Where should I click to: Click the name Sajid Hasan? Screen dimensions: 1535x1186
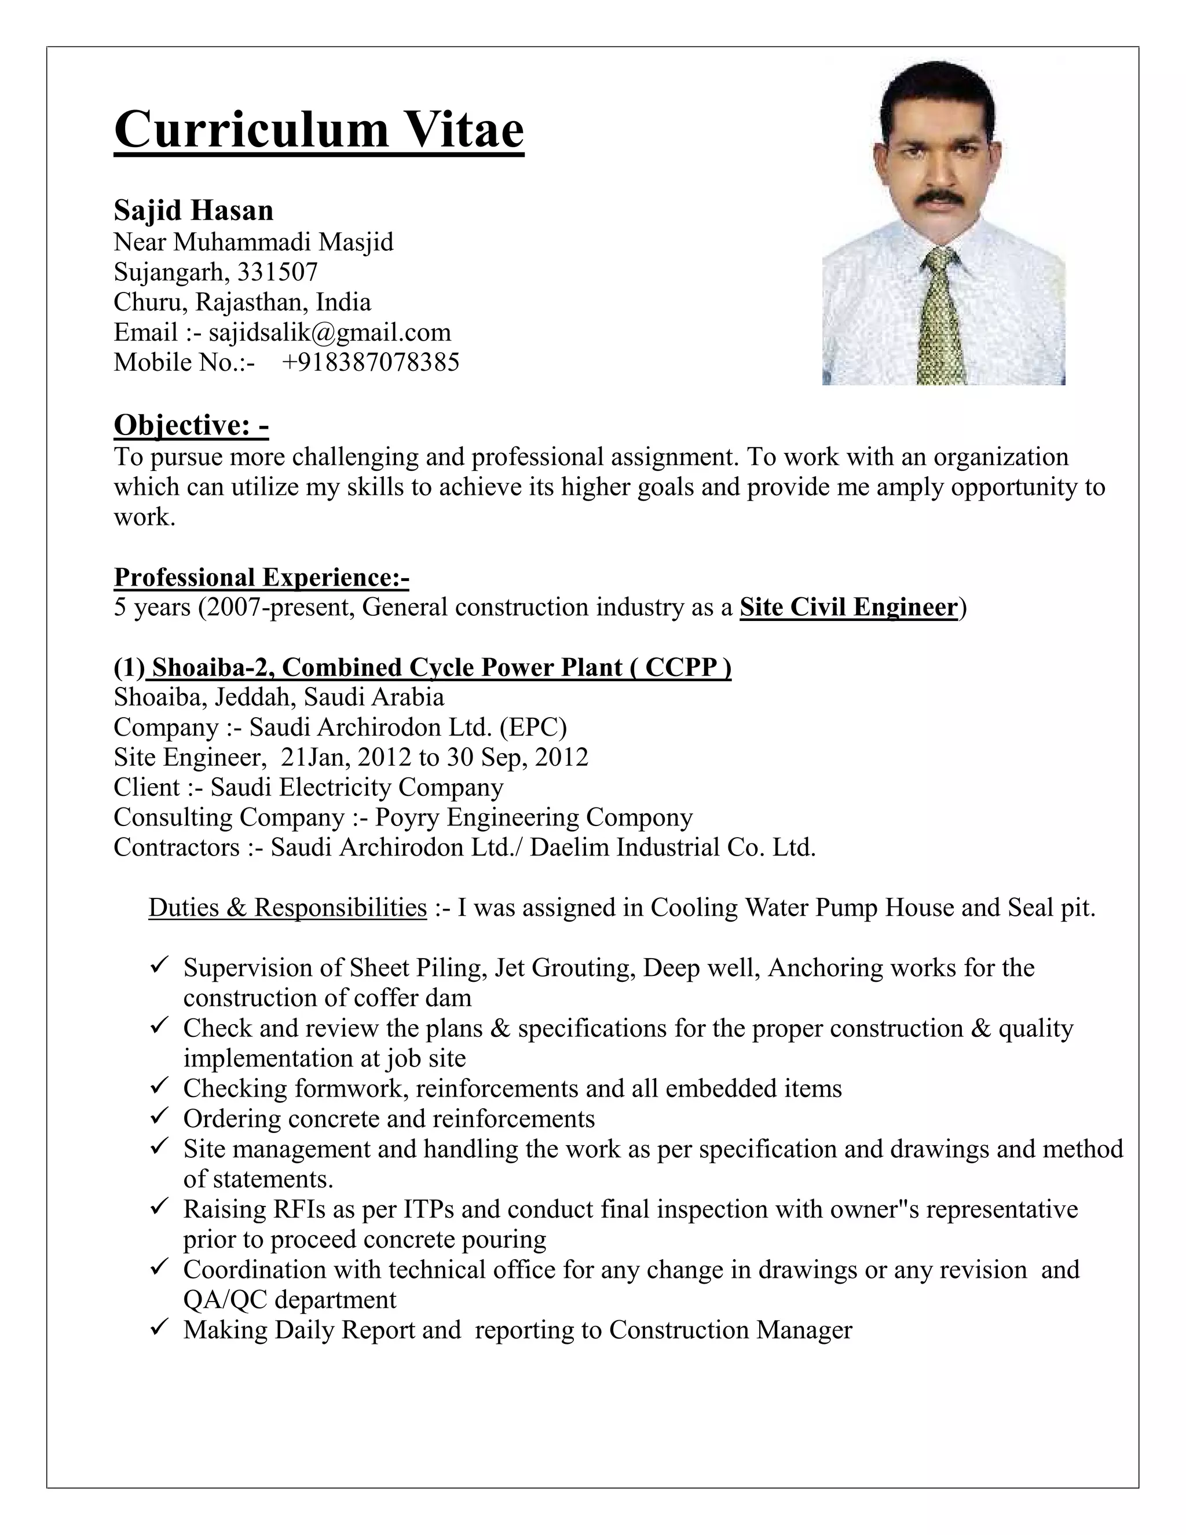pos(193,210)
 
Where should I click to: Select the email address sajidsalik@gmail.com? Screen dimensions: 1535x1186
pos(330,332)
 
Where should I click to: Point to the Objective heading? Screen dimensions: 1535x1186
pos(191,425)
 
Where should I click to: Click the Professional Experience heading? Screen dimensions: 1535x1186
pos(261,577)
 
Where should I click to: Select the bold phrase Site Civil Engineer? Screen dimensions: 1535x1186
pos(849,606)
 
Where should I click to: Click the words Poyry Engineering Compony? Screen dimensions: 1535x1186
pos(534,817)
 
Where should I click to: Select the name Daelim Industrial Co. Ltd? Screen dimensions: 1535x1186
pos(672,847)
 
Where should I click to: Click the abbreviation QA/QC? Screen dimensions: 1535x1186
pos(225,1300)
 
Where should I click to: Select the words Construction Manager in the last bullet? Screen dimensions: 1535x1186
pos(730,1330)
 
